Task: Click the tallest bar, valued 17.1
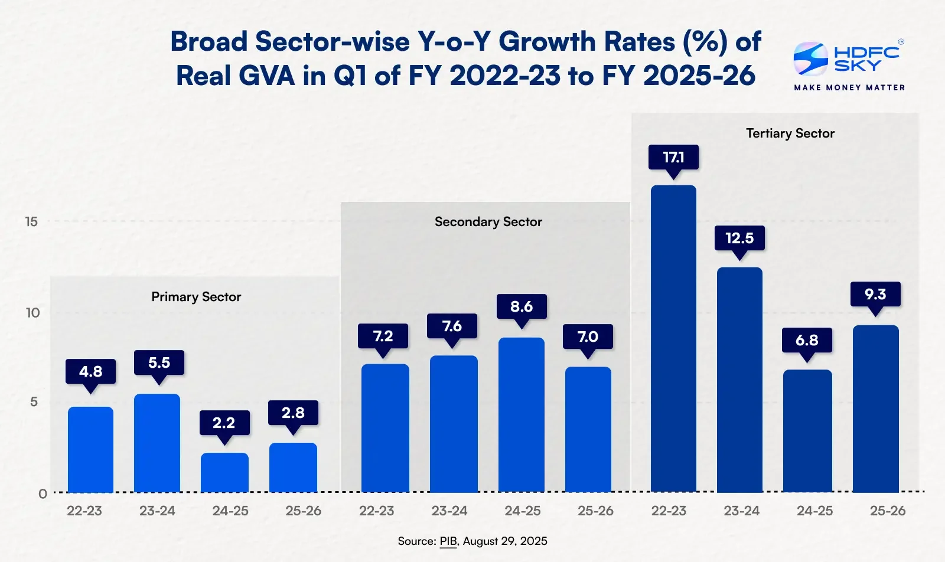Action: click(673, 338)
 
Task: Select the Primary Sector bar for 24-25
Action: click(224, 473)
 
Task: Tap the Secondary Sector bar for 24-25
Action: click(522, 415)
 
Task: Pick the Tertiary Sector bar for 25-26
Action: click(876, 409)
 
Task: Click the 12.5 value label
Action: click(739, 238)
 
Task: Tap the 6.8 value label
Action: click(807, 340)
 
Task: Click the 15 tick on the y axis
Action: click(32, 221)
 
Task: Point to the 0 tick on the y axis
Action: click(43, 494)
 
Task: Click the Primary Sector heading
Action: click(196, 297)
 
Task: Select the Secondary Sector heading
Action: click(488, 222)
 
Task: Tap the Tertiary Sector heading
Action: click(790, 133)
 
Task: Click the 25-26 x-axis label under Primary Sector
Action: click(304, 511)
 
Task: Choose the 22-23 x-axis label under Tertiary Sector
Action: click(669, 511)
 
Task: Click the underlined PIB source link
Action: click(448, 541)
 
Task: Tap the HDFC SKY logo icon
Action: click(810, 59)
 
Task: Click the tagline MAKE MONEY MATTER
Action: click(849, 88)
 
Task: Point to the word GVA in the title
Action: click(266, 76)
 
